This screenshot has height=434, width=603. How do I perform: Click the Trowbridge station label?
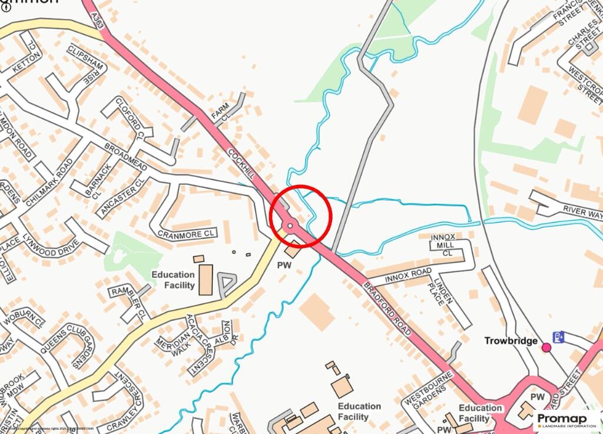(x=511, y=341)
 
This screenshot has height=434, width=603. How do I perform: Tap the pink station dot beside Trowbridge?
(x=546, y=347)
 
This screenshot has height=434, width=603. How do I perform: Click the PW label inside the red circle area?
(x=284, y=266)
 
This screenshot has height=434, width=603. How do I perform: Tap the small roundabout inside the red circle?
(x=290, y=226)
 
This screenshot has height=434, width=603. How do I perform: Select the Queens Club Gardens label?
(x=65, y=347)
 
